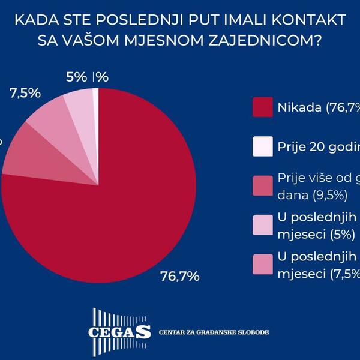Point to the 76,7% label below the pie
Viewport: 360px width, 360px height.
pyautogui.click(x=179, y=277)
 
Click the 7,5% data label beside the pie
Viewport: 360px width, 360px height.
pyautogui.click(x=25, y=93)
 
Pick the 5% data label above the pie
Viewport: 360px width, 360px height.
pyautogui.click(x=76, y=77)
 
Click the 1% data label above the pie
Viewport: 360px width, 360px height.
pyautogui.click(x=101, y=77)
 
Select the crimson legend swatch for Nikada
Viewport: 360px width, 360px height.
pyautogui.click(x=263, y=108)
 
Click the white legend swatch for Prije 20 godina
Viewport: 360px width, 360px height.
pyautogui.click(x=263, y=146)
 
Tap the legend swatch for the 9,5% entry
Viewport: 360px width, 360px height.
pyautogui.click(x=263, y=185)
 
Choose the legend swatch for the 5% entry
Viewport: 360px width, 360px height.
pyautogui.click(x=263, y=224)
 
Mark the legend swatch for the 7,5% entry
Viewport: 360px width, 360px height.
pyautogui.click(x=263, y=263)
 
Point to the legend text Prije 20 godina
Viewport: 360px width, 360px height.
pyautogui.click(x=319, y=146)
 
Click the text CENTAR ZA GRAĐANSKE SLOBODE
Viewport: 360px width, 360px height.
pyautogui.click(x=213, y=332)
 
